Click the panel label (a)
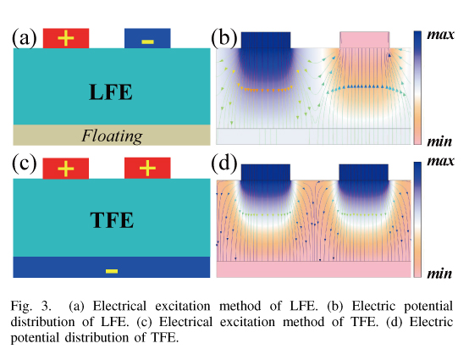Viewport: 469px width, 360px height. (x=25, y=38)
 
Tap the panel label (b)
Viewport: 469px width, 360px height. (x=224, y=38)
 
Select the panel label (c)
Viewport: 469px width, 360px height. (x=25, y=163)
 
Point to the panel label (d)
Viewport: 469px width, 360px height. (x=224, y=163)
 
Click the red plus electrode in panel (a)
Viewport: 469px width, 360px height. (x=66, y=38)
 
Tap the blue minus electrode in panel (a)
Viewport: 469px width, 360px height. (x=147, y=38)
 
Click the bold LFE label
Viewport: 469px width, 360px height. (x=111, y=91)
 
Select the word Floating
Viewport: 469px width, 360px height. (x=112, y=136)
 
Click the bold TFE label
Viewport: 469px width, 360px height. (x=112, y=220)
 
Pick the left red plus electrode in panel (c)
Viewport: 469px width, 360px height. (x=66, y=169)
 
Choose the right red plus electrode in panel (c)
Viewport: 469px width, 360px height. (x=147, y=169)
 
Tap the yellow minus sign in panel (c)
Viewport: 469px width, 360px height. (x=112, y=271)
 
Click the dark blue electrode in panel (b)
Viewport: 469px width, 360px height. (x=266, y=40)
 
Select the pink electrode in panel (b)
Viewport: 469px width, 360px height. (x=364, y=40)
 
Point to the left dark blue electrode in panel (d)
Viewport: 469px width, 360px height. (x=266, y=172)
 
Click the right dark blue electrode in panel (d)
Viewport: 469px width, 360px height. (x=363, y=172)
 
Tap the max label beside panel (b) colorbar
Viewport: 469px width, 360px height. (x=440, y=35)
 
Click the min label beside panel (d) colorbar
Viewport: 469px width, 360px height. (x=439, y=274)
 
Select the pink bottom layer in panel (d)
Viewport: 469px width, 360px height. (x=313, y=269)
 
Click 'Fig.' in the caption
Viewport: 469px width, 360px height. (x=21, y=307)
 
